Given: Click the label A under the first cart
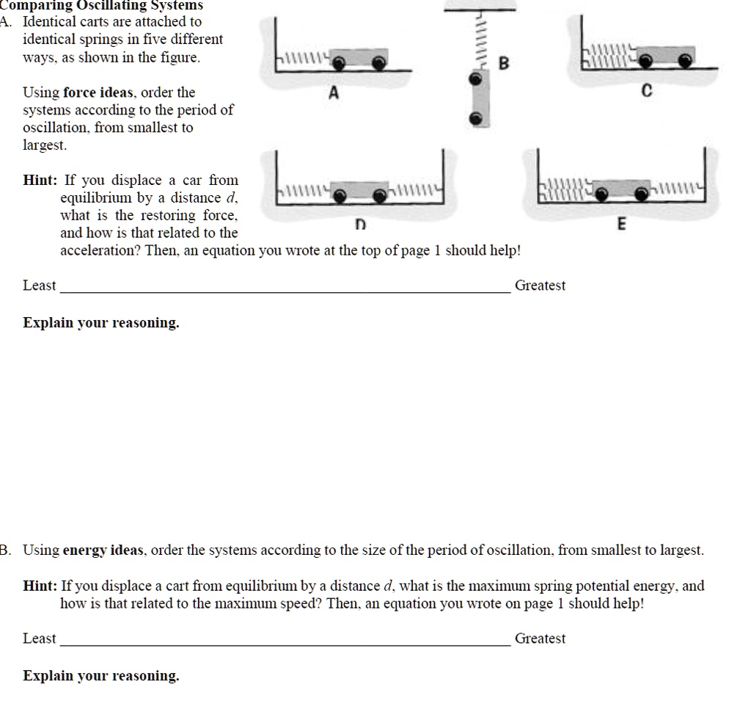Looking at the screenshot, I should pyautogui.click(x=334, y=92).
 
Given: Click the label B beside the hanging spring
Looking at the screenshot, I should pyautogui.click(x=503, y=63).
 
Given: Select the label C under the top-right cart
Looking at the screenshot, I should pyautogui.click(x=646, y=92).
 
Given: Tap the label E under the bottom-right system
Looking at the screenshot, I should pyautogui.click(x=621, y=225).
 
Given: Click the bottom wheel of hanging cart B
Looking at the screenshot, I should pyautogui.click(x=477, y=118).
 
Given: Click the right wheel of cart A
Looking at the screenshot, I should pyautogui.click(x=379, y=63).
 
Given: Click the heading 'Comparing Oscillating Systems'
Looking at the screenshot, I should pyautogui.click(x=103, y=5).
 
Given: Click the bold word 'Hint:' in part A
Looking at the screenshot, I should pyautogui.click(x=41, y=180).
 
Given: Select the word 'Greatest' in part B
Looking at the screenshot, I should pyautogui.click(x=540, y=639).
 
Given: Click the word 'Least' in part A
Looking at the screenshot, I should pyautogui.click(x=40, y=286).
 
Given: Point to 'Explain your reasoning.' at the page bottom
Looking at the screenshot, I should pyautogui.click(x=101, y=676).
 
